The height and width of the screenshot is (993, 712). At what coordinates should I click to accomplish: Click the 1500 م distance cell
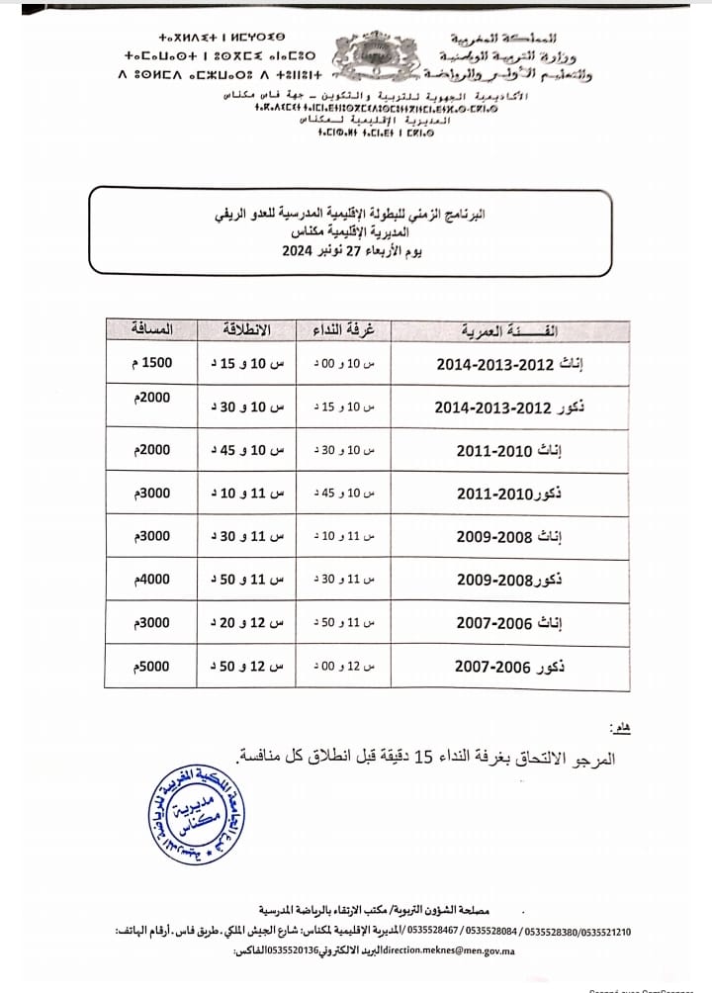[150, 363]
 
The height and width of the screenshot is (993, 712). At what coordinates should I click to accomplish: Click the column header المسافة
[152, 327]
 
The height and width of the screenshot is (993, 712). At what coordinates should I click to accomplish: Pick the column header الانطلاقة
[246, 328]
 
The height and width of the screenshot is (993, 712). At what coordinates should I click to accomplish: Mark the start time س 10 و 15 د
[246, 364]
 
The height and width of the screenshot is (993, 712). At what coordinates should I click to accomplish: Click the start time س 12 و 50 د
[246, 669]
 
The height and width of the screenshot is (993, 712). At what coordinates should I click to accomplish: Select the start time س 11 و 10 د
[246, 494]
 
